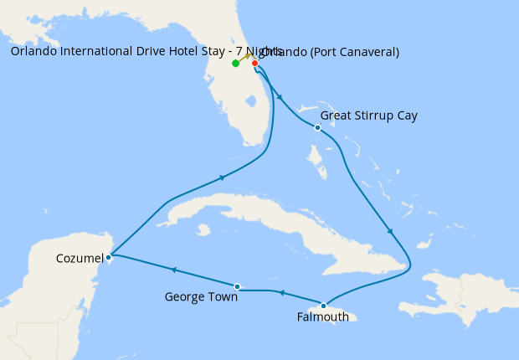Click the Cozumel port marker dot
point(109,257)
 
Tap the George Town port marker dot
point(238,287)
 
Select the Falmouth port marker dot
point(323,306)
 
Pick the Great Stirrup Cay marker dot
point(317,127)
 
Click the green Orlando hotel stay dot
point(236,64)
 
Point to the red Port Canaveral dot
point(254,63)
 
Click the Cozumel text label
point(80,258)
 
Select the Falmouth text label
point(324,317)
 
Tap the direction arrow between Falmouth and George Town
point(282,293)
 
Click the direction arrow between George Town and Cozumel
point(174,270)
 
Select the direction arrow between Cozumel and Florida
point(223,177)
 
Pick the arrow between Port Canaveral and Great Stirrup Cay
point(279,98)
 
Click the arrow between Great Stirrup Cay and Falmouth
point(390,232)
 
